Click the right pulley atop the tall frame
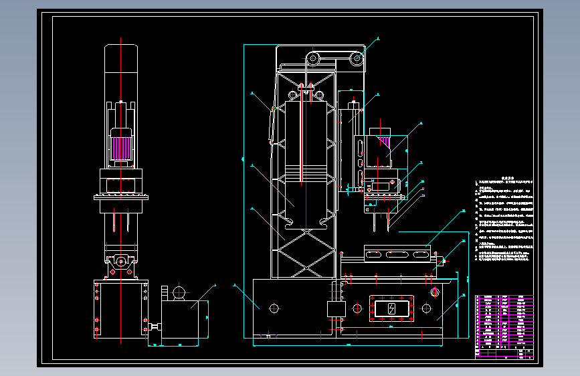tap(359, 60)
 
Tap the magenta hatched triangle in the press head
tap(384, 140)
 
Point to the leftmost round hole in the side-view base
tap(274, 308)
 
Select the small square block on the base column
tap(334, 309)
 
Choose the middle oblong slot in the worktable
tap(396, 254)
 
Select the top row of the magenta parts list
tap(505, 297)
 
